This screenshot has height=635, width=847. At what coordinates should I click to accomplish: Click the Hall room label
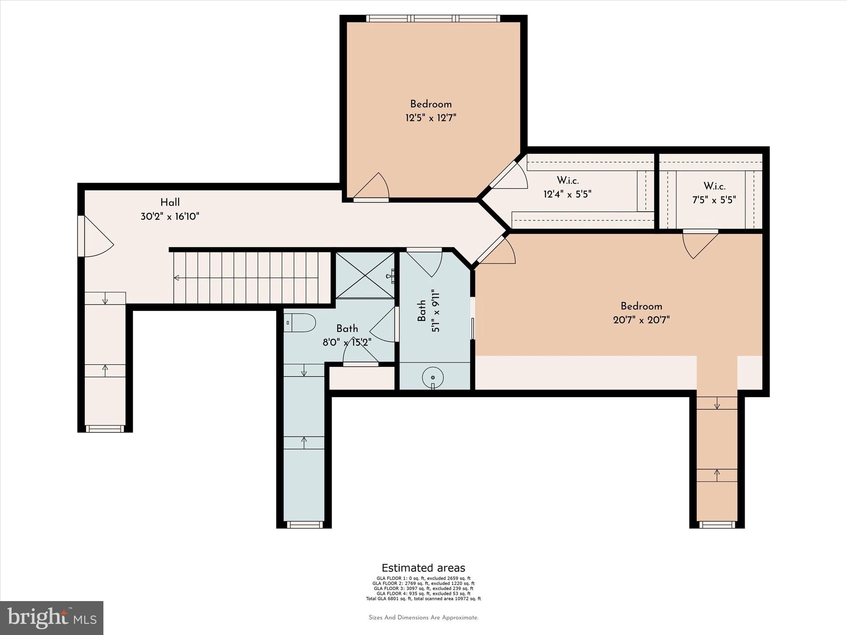click(170, 203)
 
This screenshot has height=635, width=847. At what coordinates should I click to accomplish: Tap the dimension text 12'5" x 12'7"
click(431, 118)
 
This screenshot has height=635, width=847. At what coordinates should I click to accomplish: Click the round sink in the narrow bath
click(433, 377)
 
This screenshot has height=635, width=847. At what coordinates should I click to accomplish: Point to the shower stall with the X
click(364, 275)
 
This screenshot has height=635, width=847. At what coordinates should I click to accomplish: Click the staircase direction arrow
click(177, 278)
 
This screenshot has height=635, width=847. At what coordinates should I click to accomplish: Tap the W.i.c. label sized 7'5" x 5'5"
click(714, 186)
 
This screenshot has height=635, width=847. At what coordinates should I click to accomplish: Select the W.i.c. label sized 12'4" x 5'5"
click(567, 181)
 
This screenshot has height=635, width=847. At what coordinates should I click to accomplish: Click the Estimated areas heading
click(423, 568)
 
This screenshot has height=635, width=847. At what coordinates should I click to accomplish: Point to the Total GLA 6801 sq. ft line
click(423, 599)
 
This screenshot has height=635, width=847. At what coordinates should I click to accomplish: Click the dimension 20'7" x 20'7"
click(641, 320)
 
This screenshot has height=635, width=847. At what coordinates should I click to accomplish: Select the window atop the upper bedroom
click(433, 19)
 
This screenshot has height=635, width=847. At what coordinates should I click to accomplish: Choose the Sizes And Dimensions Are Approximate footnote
click(423, 618)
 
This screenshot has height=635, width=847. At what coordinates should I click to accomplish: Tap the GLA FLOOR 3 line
click(423, 588)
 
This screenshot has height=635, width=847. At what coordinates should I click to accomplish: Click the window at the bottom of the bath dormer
click(304, 525)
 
